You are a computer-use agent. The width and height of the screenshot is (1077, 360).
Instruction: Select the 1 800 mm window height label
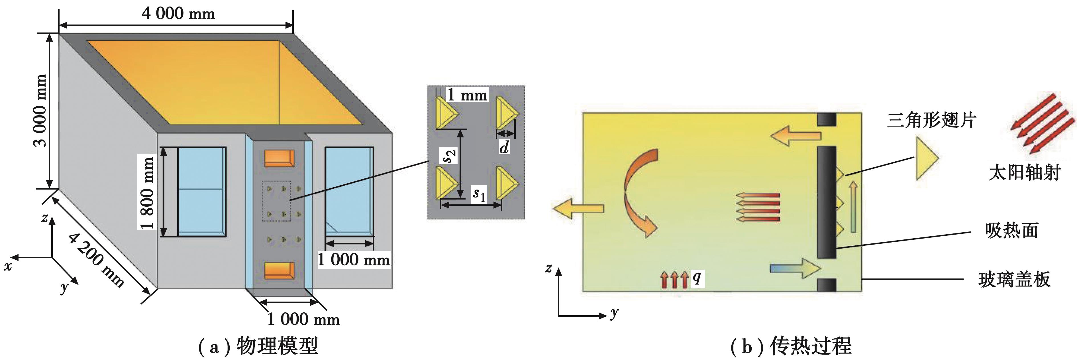point(147,192)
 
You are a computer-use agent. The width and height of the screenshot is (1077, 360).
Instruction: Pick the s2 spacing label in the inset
point(449,156)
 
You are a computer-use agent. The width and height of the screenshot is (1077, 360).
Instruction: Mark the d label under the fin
point(505,147)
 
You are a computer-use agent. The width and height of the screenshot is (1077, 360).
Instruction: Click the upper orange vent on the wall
point(279,158)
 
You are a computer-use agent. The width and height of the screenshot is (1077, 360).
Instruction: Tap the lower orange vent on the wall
point(279,270)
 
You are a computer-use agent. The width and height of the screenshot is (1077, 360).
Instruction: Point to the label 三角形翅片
point(931,120)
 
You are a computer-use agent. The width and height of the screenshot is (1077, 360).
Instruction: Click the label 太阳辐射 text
point(1024,172)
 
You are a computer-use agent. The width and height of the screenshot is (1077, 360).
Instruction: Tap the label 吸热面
point(1012,230)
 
